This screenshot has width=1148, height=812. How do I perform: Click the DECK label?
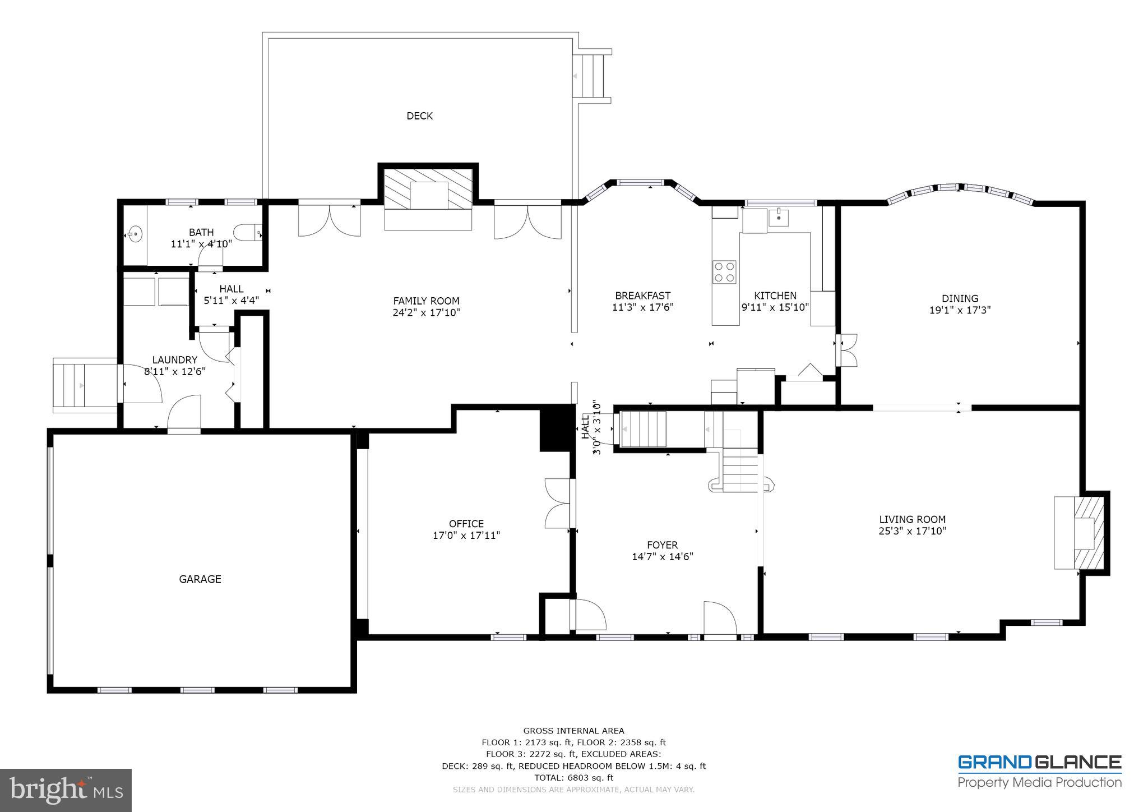click(x=419, y=116)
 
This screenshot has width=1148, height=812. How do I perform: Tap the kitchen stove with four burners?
click(x=724, y=273)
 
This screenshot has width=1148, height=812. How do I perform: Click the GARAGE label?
click(x=200, y=579)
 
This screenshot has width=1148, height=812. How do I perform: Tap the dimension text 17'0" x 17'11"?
click(x=466, y=536)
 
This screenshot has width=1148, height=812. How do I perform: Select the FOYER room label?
click(x=662, y=545)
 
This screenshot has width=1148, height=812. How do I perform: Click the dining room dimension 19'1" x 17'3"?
click(x=960, y=310)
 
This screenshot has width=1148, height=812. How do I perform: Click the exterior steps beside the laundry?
click(x=84, y=385)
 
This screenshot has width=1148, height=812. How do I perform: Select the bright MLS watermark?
click(x=66, y=790)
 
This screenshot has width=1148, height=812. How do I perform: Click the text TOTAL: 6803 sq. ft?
click(x=573, y=778)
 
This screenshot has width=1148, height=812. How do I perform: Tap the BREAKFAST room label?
click(x=642, y=296)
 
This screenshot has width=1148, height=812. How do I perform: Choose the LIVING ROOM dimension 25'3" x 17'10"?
click(x=912, y=531)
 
